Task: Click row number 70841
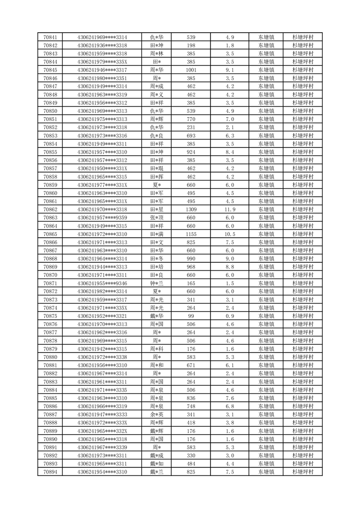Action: tap(50, 37)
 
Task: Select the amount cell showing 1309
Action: tap(191, 210)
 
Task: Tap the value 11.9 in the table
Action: tap(229, 210)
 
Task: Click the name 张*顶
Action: tap(157, 218)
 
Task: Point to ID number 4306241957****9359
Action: tap(102, 218)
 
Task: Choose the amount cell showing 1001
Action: tap(191, 70)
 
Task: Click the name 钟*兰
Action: tap(157, 283)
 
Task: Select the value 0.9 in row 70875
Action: tap(229, 316)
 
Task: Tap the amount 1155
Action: tap(191, 234)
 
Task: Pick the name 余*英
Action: tap(157, 415)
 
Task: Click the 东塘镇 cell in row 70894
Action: tap(266, 472)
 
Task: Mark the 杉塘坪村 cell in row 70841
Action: tap(303, 37)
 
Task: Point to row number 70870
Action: tap(50, 275)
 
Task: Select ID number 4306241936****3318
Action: tap(102, 45)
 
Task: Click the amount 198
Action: tap(191, 45)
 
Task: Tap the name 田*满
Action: tap(157, 234)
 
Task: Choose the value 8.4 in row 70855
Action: tap(229, 152)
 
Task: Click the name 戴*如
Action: tap(157, 464)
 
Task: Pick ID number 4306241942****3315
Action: tap(102, 349)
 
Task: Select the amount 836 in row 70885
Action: tap(191, 398)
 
